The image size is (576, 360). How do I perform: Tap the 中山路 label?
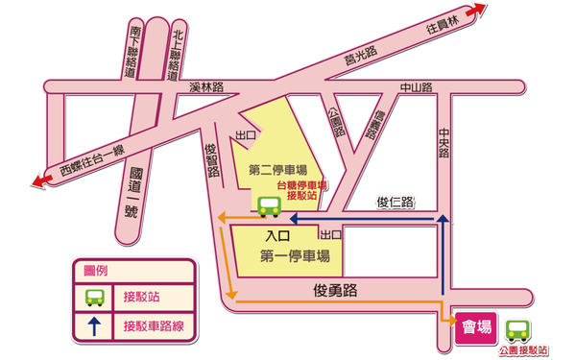click(417, 87)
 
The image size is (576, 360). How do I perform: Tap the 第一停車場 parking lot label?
click(295, 256)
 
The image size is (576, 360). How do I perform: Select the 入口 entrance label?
click(277, 235)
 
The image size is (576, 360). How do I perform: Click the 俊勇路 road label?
click(334, 288)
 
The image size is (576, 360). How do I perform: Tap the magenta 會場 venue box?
click(477, 327)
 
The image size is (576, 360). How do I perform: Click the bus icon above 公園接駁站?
click(518, 330)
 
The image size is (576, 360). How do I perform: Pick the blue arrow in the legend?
click(94, 325)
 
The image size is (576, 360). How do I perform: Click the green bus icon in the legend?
click(94, 297)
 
